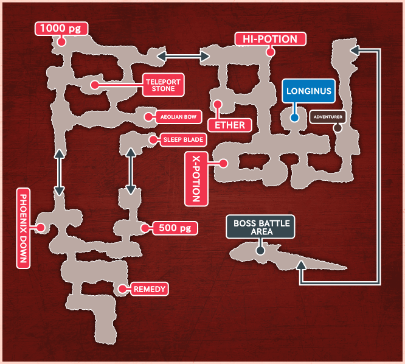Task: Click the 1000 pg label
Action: (62, 29)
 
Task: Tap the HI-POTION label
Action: (270, 40)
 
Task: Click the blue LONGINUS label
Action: (308, 93)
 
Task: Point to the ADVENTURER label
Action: (328, 116)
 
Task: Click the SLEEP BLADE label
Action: (183, 140)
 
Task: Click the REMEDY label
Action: (149, 289)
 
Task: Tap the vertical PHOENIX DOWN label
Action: (23, 228)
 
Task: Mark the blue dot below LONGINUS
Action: (294, 117)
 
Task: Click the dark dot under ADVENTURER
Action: (337, 128)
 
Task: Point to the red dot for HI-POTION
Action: (271, 52)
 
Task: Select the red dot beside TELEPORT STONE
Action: (94, 85)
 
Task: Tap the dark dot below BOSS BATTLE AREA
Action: (260, 250)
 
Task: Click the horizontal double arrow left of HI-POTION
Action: (184, 57)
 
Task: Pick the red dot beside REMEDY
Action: (121, 289)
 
